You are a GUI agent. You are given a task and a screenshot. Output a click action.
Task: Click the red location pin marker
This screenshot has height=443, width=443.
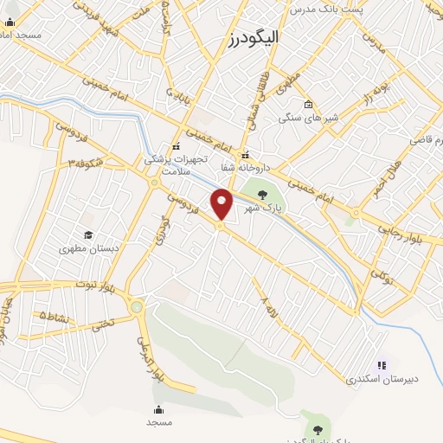(222, 203)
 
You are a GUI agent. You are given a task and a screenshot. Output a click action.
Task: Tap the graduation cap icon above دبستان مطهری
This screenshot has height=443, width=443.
(87, 234)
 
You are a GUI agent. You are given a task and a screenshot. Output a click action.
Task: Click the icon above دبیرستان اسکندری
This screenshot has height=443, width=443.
(382, 365)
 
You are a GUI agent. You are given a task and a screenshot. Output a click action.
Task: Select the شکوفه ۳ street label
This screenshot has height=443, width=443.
(87, 163)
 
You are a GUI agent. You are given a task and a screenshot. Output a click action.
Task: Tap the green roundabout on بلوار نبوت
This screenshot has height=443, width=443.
(137, 306)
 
